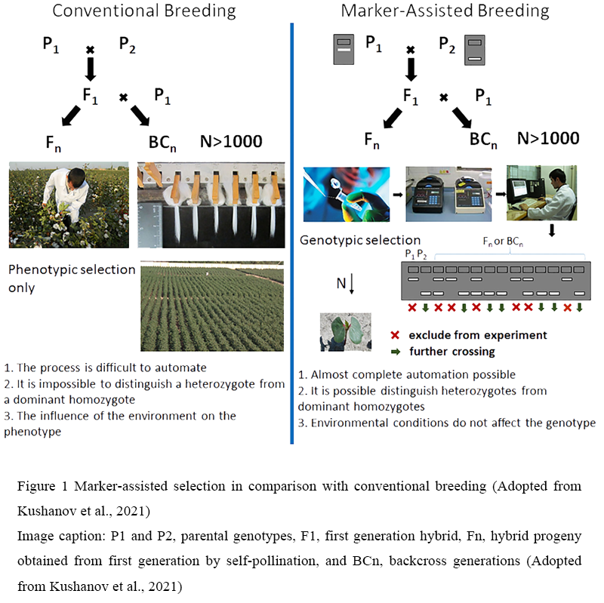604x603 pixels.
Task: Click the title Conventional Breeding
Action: pos(144,11)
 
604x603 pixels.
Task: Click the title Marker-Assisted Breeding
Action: pos(445,11)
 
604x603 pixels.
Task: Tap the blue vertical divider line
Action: pos(292,233)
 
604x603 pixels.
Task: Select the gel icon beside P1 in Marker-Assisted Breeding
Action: pos(344,49)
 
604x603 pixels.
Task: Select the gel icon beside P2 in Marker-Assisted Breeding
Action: pos(475,50)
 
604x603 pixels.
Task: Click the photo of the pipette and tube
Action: pos(347,194)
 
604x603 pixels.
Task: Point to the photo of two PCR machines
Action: pos(448,194)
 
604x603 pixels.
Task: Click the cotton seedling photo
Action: pos(346,332)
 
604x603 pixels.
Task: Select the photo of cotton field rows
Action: pos(212,306)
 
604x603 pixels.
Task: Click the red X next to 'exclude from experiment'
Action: pos(395,335)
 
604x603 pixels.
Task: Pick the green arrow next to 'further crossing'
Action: pos(395,352)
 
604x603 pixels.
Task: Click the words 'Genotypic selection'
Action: pos(360,240)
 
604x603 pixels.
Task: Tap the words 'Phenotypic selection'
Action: pos(72,270)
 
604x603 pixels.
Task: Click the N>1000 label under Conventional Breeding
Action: pos(231,142)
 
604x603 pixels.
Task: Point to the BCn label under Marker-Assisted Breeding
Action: pos(483,140)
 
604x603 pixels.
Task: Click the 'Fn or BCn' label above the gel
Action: pos(503,242)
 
